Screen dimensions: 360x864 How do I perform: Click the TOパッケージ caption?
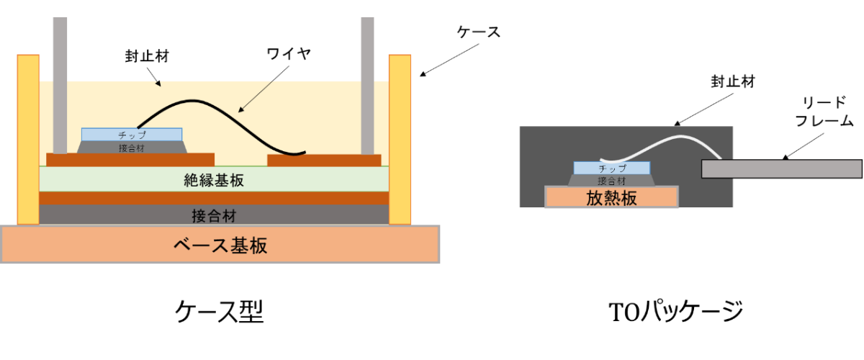[x=675, y=311]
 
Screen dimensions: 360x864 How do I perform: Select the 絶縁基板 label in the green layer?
[x=214, y=180]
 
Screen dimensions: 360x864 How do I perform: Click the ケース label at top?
[x=478, y=32]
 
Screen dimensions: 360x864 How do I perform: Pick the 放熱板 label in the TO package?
[x=611, y=198]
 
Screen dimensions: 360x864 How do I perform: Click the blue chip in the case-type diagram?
[x=132, y=135]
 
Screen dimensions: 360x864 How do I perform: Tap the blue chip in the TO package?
[x=612, y=168]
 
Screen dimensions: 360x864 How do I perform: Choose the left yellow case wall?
[x=28, y=138]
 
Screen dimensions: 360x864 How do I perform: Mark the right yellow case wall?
[x=400, y=138]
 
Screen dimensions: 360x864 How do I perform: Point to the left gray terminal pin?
[x=60, y=79]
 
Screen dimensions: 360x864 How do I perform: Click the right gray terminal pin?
[x=367, y=79]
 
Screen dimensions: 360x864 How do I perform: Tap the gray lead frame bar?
[x=781, y=168]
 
